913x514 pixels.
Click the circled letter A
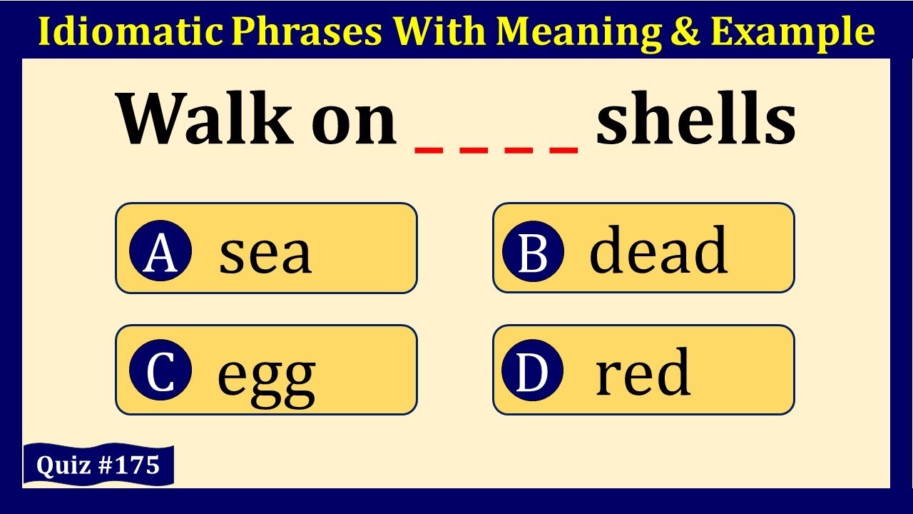pyautogui.click(x=160, y=251)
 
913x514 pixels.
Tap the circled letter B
pyautogui.click(x=533, y=251)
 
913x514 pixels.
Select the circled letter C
pyautogui.click(x=160, y=372)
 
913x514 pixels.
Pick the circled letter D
pyautogui.click(x=533, y=372)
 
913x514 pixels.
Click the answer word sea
pyautogui.click(x=265, y=253)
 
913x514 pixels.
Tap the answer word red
pyautogui.click(x=643, y=373)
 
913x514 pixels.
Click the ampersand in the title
pyautogui.click(x=688, y=31)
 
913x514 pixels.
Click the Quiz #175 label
pyautogui.click(x=98, y=465)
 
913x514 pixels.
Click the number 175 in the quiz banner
pyautogui.click(x=138, y=465)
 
